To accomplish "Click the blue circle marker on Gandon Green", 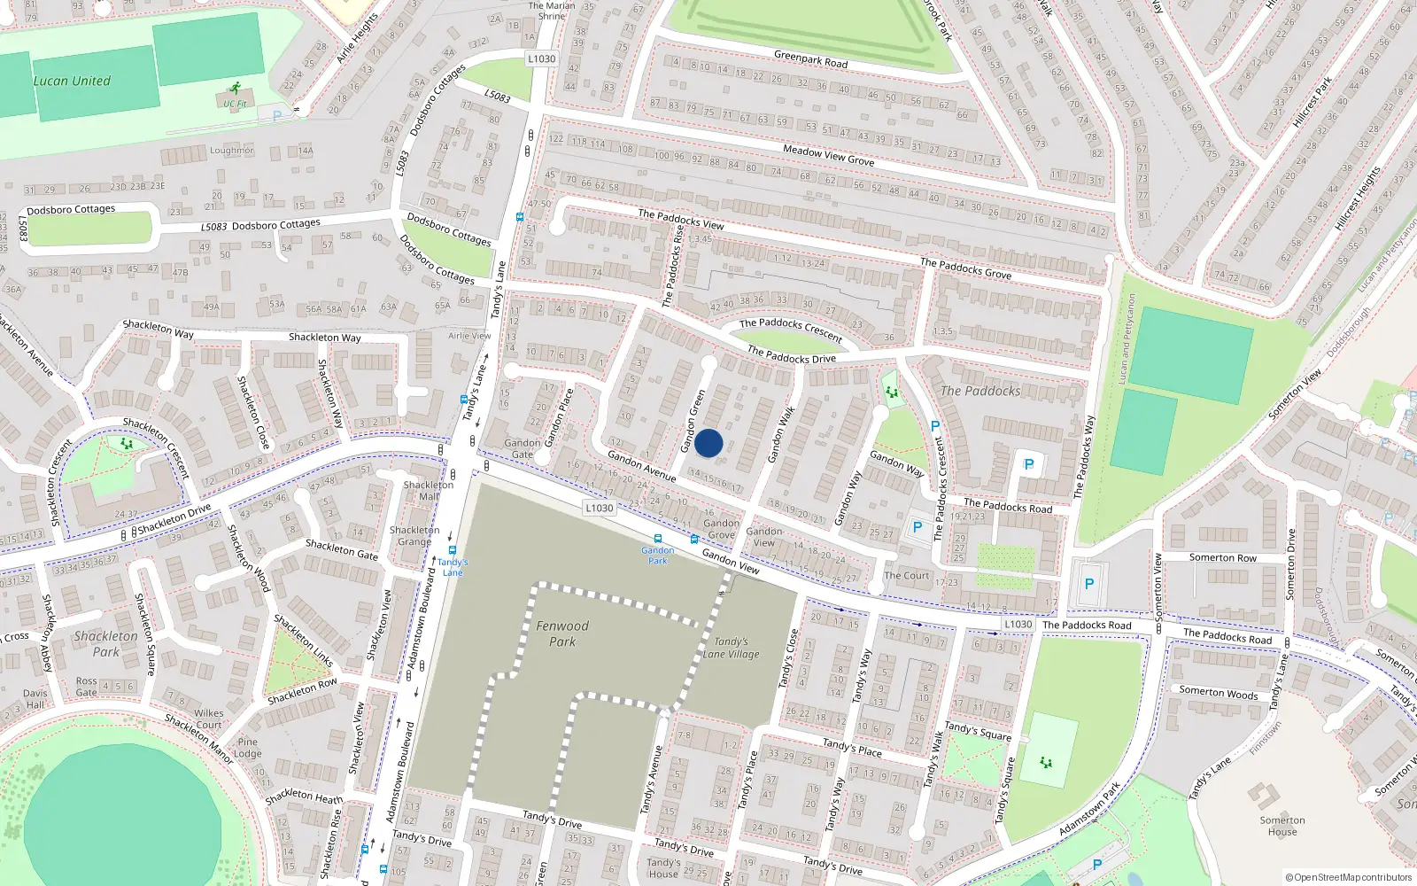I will (708, 443).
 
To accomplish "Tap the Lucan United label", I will (72, 81).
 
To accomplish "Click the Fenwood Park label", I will (561, 633).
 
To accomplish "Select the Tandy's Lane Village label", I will (732, 648).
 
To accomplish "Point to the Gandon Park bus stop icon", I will (658, 539).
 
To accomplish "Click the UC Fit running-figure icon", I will (235, 89).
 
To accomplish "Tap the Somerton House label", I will (1281, 826).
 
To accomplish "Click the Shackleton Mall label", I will (429, 490).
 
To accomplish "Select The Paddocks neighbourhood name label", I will (980, 391).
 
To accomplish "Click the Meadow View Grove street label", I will (828, 156).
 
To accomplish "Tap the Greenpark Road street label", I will (810, 59).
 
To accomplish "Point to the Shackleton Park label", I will (105, 643).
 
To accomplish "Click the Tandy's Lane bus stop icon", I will (453, 550).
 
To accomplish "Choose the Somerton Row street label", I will (1222, 557).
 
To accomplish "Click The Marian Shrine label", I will (551, 11).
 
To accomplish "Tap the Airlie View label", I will (469, 336).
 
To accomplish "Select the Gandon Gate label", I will (522, 448).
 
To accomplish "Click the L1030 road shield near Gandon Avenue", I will (600, 508).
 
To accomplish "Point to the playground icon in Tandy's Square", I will (1046, 762).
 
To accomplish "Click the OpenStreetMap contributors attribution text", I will (1348, 877).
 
